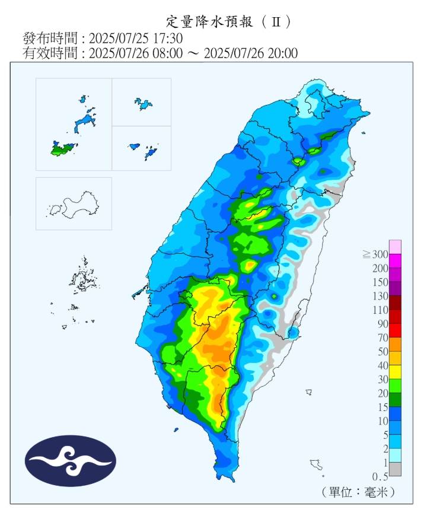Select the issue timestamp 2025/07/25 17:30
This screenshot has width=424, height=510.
click(136, 38)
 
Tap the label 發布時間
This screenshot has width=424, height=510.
click(50, 38)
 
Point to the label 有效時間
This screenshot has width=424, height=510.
click(50, 53)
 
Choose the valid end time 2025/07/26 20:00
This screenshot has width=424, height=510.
click(250, 53)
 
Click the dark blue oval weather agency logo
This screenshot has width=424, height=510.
click(71, 461)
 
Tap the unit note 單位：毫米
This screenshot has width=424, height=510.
click(358, 492)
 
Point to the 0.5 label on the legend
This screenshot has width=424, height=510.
click(379, 477)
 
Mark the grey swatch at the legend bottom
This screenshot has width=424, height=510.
click(395, 469)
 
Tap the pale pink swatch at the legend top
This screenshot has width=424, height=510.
click(395, 246)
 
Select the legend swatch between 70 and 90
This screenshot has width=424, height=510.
click(395, 330)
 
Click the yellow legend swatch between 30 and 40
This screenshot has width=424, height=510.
click(395, 372)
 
